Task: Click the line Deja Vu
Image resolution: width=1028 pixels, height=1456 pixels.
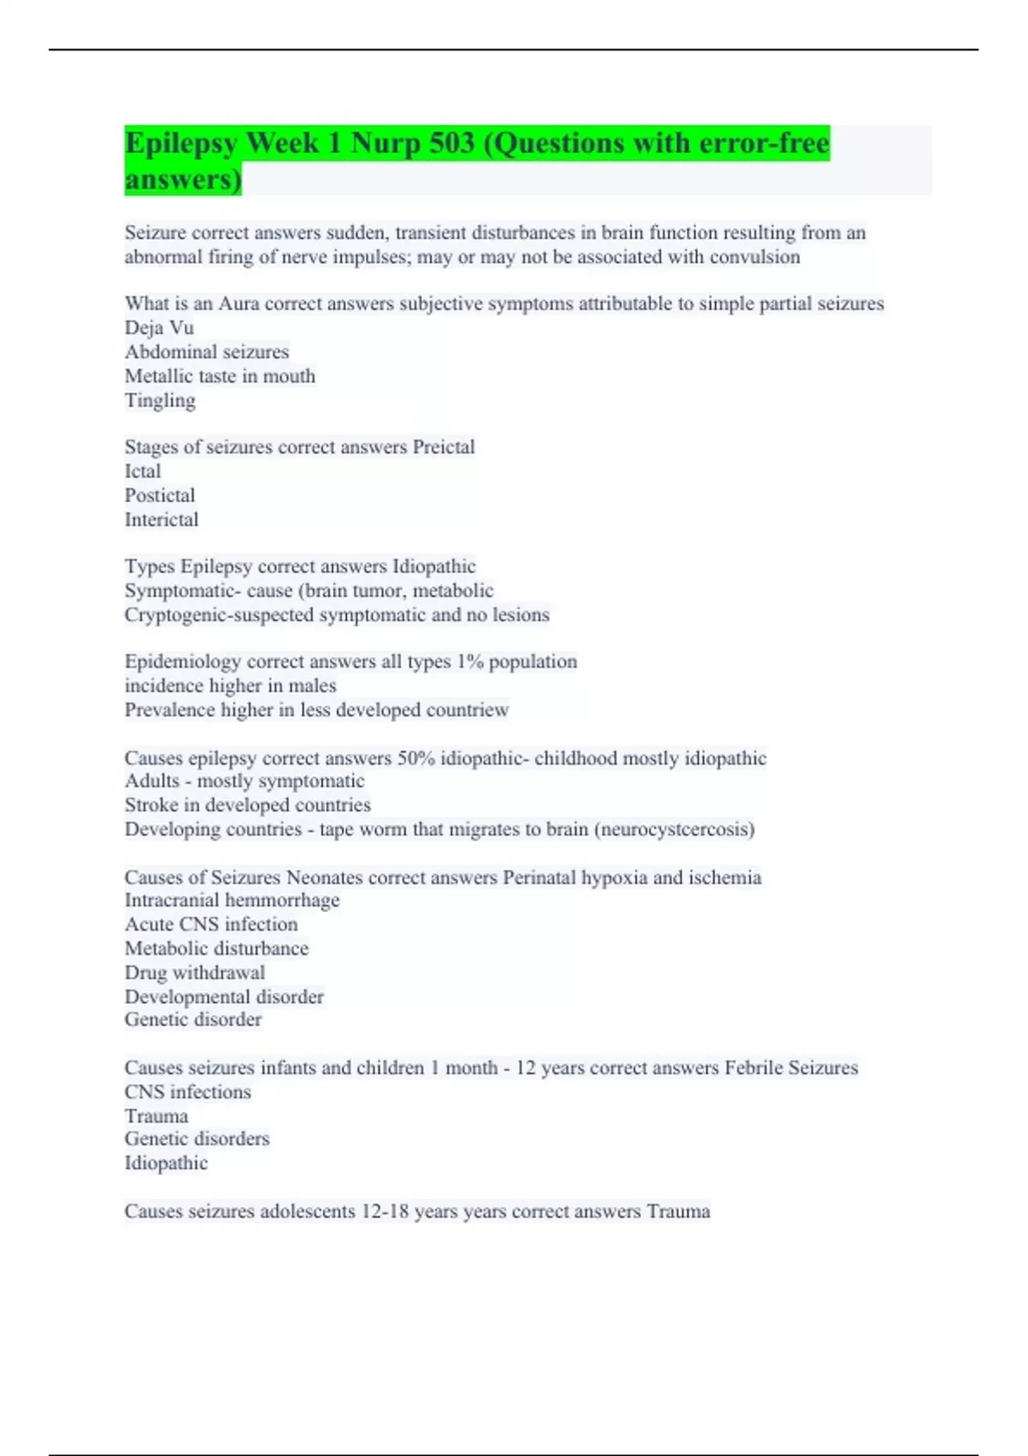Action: tap(159, 327)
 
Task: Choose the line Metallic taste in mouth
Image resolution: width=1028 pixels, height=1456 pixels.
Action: tap(220, 376)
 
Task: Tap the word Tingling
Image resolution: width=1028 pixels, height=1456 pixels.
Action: tap(160, 400)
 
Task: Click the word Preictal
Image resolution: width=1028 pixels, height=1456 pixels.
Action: tap(444, 447)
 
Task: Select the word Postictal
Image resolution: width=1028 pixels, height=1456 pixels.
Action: tap(160, 495)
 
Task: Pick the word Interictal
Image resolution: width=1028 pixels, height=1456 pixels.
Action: tap(162, 519)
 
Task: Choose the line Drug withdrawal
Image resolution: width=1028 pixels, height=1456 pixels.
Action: tap(195, 973)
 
